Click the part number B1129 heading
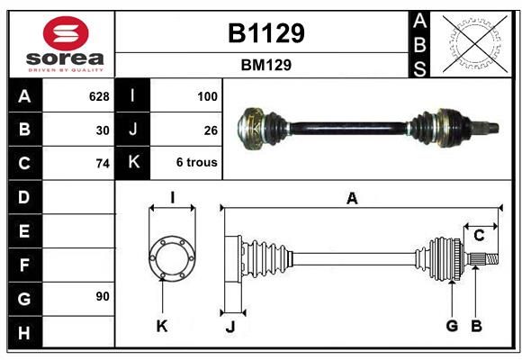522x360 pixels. [x=266, y=33]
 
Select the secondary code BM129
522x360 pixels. [x=266, y=65]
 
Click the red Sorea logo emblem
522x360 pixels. [x=66, y=33]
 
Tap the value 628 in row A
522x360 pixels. [x=99, y=96]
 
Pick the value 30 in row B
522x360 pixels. [x=103, y=130]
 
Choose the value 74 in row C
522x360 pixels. [x=103, y=164]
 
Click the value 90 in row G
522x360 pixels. [x=103, y=296]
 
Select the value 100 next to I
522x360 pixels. [x=207, y=96]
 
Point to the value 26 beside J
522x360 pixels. [x=211, y=130]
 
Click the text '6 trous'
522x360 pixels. [x=197, y=163]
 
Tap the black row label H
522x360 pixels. [x=24, y=332]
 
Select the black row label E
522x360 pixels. [x=24, y=230]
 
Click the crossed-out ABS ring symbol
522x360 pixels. [x=475, y=43]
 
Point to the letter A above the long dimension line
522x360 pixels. [x=352, y=199]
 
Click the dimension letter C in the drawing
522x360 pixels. [x=479, y=236]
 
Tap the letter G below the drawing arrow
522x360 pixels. [x=452, y=326]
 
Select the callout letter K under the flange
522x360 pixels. [x=162, y=327]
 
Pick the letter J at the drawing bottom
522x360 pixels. [x=230, y=327]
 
